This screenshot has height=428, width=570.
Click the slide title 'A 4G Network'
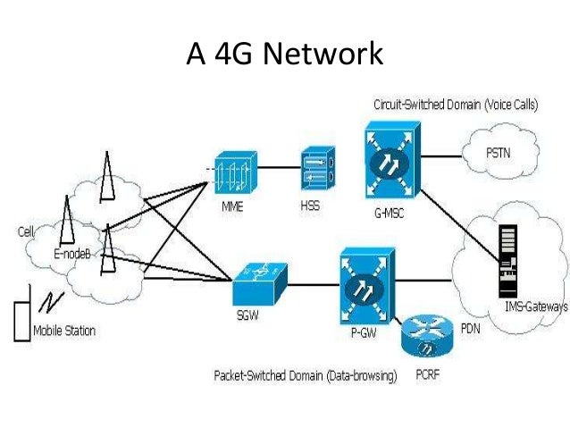pos(284,55)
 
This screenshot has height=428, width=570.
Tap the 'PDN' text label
pos(472,329)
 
